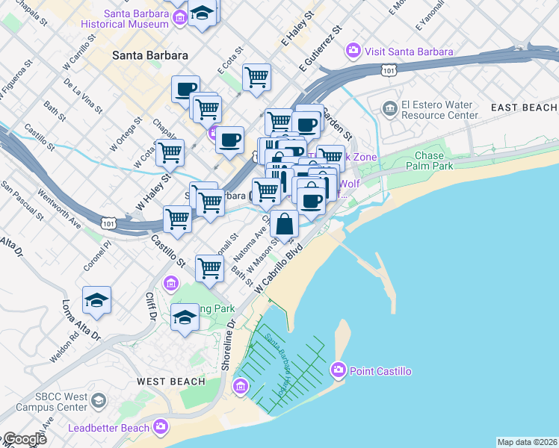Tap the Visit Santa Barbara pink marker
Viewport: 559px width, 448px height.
[353, 52]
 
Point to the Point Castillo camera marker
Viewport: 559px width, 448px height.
[338, 370]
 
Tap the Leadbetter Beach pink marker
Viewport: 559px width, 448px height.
[161, 427]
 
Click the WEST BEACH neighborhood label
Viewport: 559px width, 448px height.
[170, 382]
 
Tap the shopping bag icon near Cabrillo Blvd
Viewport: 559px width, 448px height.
[285, 223]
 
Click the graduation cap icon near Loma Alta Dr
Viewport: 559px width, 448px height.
[97, 300]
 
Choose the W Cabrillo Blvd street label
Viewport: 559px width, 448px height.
[281, 268]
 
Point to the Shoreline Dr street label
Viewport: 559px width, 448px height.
[228, 344]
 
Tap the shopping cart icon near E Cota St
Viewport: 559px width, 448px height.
[256, 77]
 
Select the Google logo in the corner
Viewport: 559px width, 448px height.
[24, 439]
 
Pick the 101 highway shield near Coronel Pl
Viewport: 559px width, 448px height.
[108, 223]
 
